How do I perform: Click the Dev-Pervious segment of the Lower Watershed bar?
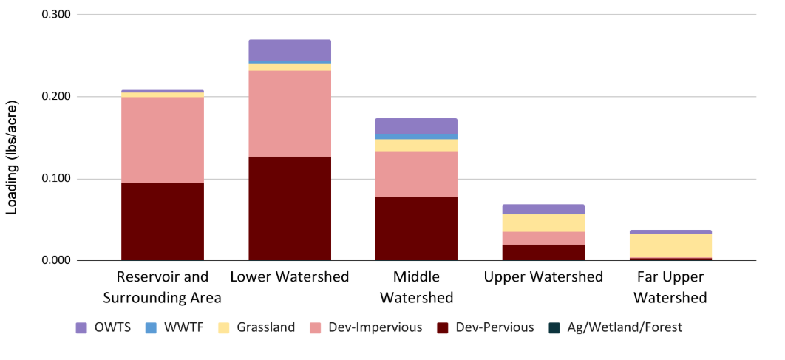(x=289, y=208)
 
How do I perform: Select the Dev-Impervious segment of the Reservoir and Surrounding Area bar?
(x=163, y=140)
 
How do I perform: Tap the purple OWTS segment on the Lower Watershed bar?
(x=289, y=50)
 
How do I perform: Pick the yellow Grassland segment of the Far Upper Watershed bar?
(x=670, y=245)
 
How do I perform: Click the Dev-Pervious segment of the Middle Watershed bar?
(x=416, y=228)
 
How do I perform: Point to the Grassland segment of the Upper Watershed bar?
(x=543, y=223)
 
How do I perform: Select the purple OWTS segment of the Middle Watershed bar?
(x=416, y=126)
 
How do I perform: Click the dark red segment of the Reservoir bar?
(x=163, y=222)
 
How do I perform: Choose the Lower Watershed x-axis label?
(x=289, y=277)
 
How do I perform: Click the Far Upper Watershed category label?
(x=670, y=288)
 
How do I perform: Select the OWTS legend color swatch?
(x=81, y=327)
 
